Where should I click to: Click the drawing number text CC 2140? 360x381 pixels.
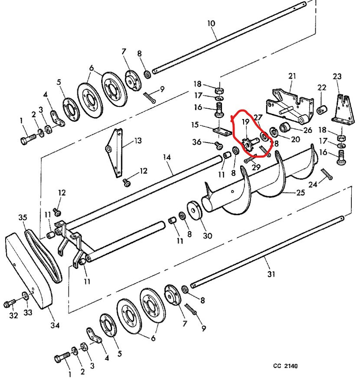coord(285,366)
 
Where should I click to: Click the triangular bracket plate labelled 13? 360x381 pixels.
coord(114,152)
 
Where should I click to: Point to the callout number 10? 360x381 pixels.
coord(211,23)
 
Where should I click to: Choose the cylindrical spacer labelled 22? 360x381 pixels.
coord(321,109)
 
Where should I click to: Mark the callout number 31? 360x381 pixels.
coord(271,274)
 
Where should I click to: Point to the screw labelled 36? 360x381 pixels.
coord(218,145)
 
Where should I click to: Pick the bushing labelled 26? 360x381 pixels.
coord(285,128)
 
